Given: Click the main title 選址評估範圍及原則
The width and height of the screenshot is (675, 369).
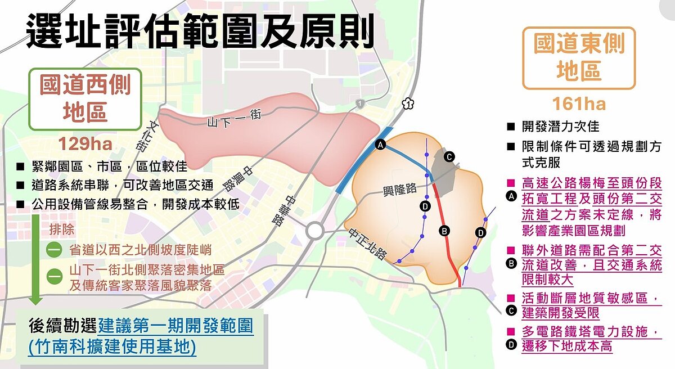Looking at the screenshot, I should coord(200,31).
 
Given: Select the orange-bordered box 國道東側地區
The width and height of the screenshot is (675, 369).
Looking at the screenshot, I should coord(579,58).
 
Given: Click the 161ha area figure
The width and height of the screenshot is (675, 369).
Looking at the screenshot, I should coord(579,104).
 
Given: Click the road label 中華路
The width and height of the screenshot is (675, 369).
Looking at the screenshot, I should coord(294,210).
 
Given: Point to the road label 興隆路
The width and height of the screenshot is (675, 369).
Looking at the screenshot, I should coord(398,188).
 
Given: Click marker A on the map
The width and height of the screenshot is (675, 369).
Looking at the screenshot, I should coord(380,145).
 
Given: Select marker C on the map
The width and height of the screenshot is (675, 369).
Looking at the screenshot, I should coord(449,157).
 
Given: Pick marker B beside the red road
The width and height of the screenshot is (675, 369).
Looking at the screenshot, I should coord(444,230).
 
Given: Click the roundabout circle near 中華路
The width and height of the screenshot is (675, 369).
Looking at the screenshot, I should coord(314,231).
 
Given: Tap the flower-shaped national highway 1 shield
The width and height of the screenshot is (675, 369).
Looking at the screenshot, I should coord(408,103).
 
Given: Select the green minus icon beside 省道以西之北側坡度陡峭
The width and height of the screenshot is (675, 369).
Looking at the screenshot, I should coord(53,250).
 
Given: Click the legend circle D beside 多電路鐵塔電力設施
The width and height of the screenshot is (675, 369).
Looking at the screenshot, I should coord(511,344).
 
